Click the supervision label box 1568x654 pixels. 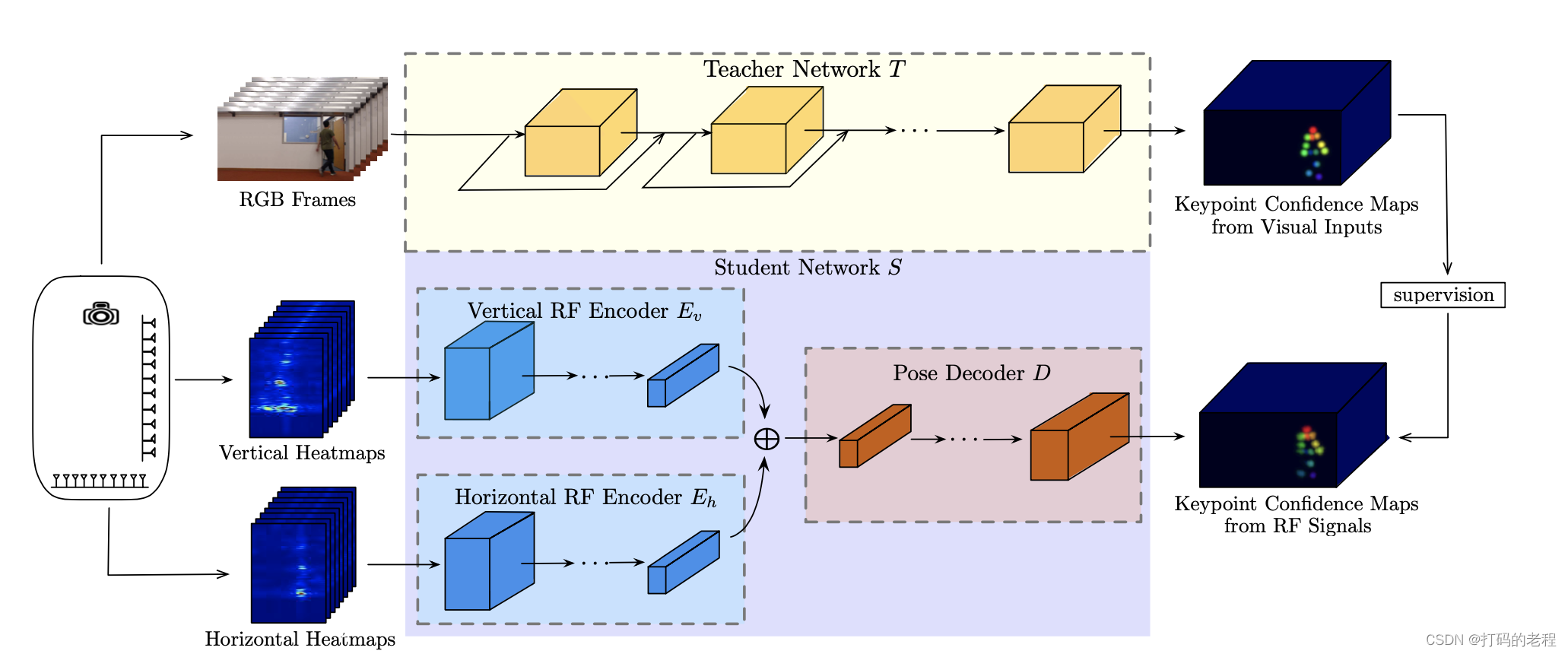tap(1443, 295)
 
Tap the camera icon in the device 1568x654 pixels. tap(101, 314)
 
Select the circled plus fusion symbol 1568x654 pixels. tap(767, 439)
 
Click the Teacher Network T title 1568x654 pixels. tap(804, 70)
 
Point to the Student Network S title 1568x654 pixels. tap(808, 268)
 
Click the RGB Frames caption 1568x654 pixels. tap(297, 200)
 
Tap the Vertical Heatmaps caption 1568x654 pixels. tap(302, 453)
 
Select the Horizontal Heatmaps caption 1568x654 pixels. tap(300, 640)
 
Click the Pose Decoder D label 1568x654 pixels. tap(971, 373)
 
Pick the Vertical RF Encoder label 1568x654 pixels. tap(584, 311)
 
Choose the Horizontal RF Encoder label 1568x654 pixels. tap(585, 497)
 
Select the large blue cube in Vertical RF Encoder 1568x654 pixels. tap(487, 373)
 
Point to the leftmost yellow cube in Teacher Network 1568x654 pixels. tap(579, 135)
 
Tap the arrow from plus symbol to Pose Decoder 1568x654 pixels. tap(811, 438)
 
